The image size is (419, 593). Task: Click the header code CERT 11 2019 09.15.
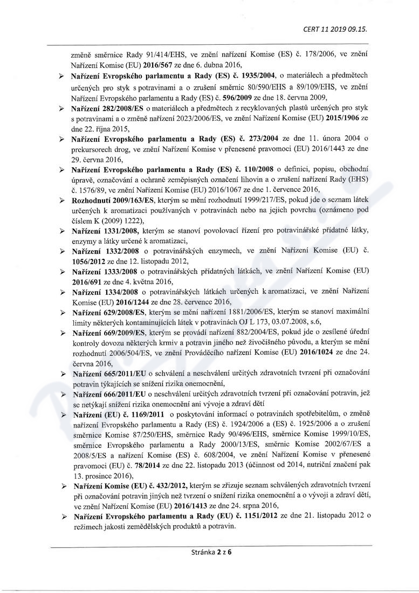point(336,28)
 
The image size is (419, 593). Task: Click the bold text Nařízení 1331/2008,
point(106,230)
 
